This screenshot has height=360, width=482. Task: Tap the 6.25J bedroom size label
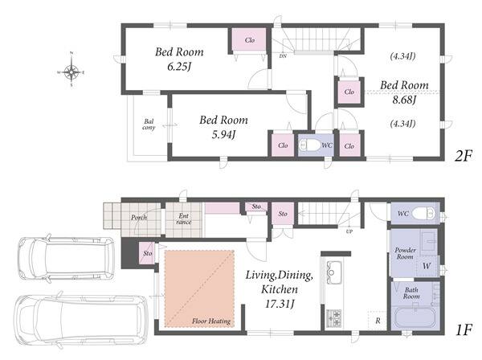pos(179,67)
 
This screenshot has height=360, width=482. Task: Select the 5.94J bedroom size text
pos(223,134)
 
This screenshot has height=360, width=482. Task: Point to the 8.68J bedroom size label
pos(404,100)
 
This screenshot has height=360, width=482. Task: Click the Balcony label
pos(149,125)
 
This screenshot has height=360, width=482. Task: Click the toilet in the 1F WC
pos(423,213)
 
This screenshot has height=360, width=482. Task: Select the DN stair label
pos(283,56)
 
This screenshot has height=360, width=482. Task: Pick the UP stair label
pos(349,231)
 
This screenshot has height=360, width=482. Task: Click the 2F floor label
pos(464,157)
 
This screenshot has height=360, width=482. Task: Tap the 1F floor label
pos(464,330)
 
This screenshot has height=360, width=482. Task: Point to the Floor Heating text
pos(211,321)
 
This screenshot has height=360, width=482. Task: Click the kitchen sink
pos(333,268)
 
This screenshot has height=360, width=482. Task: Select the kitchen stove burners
pos(334,318)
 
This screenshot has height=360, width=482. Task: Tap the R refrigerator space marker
pos(378,321)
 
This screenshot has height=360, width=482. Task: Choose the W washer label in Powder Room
pos(427,266)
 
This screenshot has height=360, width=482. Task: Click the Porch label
pos(139,217)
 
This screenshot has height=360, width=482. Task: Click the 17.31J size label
pos(280,304)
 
